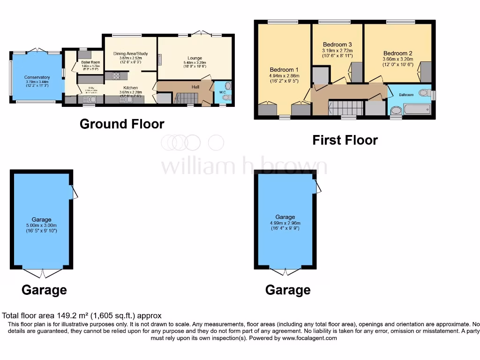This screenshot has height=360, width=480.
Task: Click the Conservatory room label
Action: pos(37,77)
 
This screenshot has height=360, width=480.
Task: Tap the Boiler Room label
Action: pos(90,62)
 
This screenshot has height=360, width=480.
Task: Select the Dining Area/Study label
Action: pos(130,54)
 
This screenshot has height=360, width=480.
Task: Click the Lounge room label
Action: pos(195,58)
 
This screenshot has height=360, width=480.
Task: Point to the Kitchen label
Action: pos(130,88)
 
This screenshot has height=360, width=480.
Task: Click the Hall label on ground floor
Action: pos(196,87)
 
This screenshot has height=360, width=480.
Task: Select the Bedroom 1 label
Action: pos(284,70)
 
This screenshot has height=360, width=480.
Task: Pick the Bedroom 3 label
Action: pos(337,45)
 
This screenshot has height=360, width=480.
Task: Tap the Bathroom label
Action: pos(406,95)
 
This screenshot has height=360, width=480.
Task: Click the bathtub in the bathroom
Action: pos(417,110)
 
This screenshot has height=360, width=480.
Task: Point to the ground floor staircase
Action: pos(187,98)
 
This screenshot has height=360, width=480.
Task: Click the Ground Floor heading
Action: pos(122,124)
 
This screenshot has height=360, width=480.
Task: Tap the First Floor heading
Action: pos(345,140)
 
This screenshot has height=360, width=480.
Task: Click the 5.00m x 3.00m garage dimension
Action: pos(41,225)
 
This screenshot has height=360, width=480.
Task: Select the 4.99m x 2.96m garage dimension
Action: pos(285,223)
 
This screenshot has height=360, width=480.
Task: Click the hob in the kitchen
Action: pos(116,75)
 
